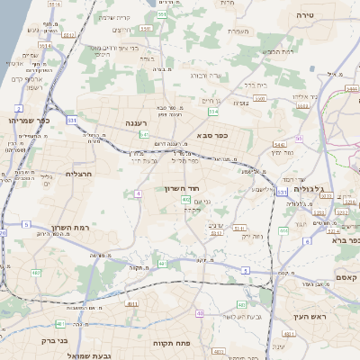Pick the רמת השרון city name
71,228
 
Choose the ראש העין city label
311,317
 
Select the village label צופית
238,103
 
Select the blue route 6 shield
307,241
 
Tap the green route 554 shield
213,112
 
